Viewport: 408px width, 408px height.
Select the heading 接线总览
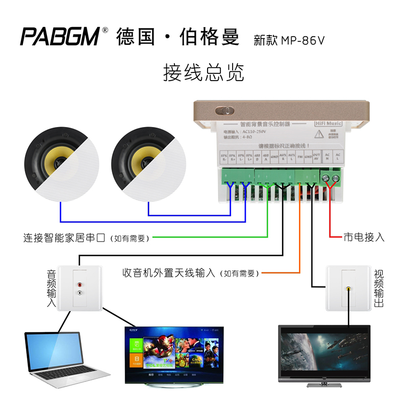203,73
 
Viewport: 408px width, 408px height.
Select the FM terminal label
300,158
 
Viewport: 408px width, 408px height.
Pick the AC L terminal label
337,158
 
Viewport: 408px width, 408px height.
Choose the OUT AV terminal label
317,158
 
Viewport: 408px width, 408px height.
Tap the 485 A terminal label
266,158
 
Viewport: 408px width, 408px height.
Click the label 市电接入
364,237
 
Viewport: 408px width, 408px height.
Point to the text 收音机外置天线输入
168,273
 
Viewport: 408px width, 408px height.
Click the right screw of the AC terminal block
336,178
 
